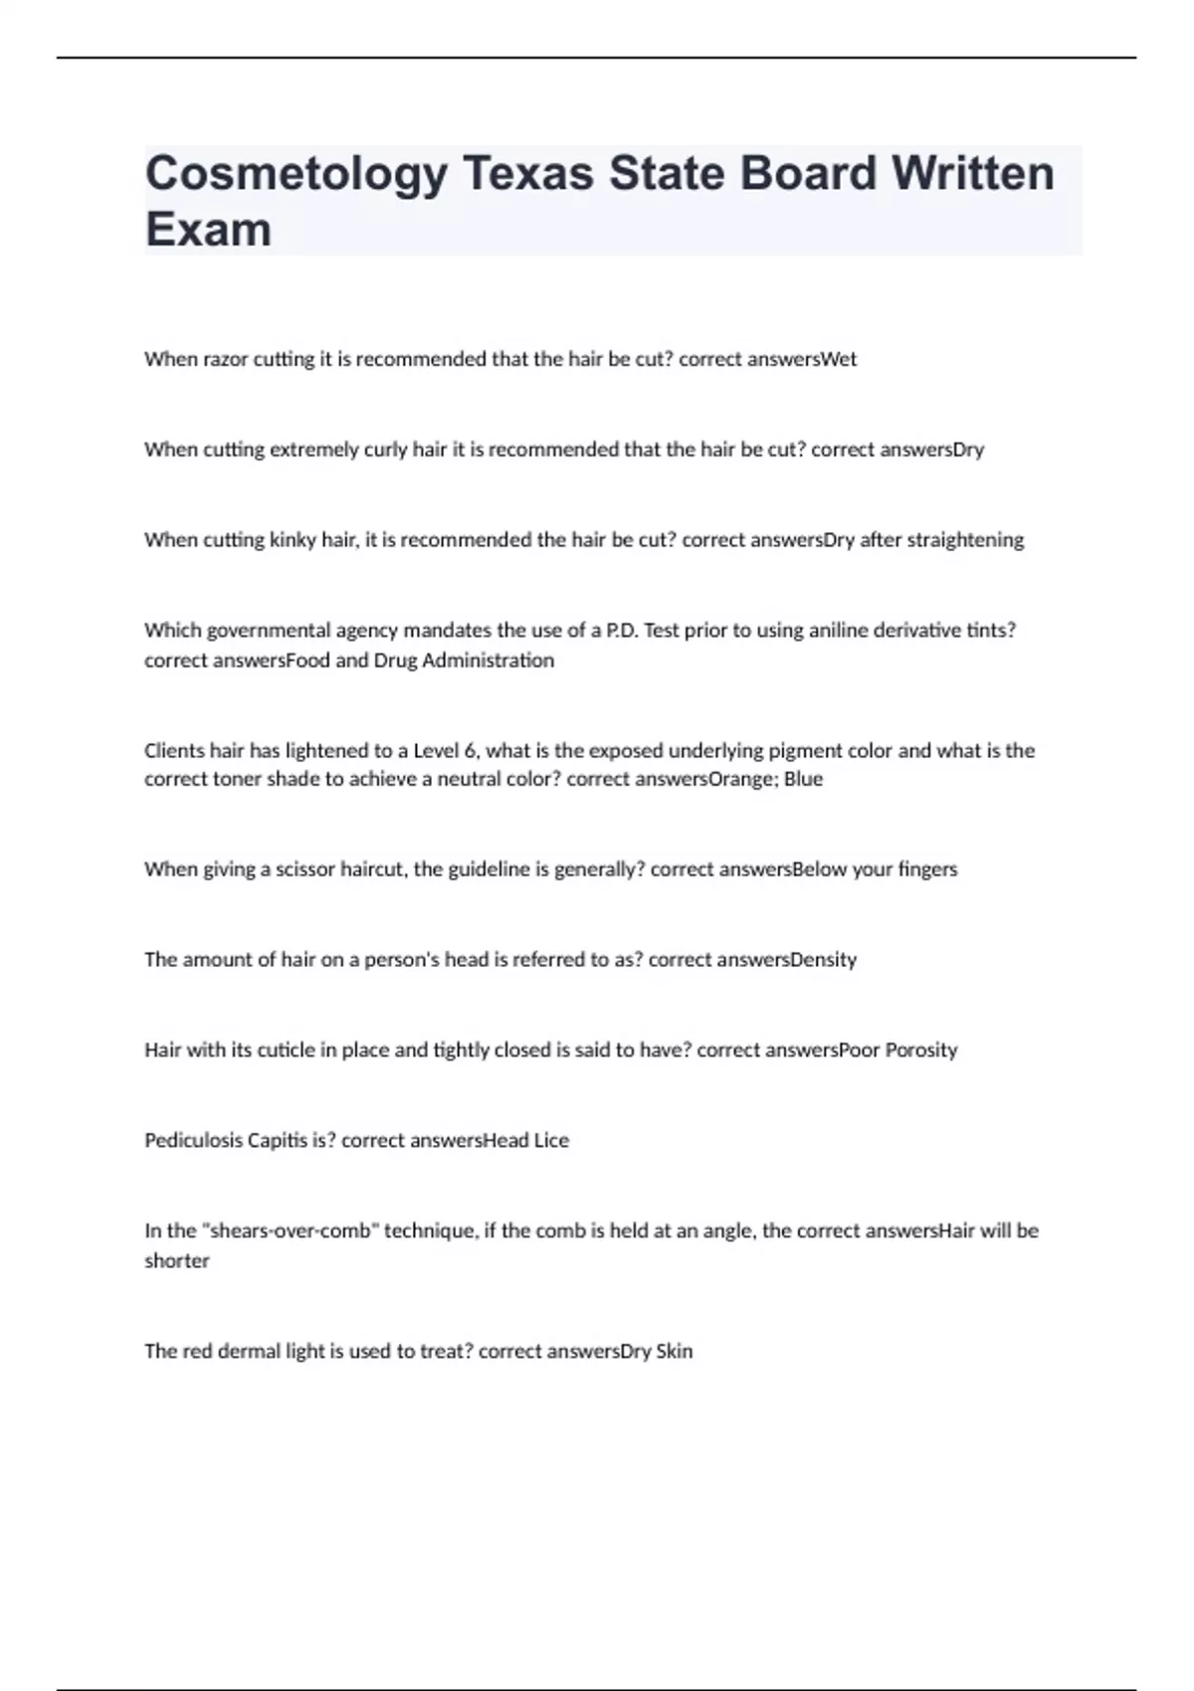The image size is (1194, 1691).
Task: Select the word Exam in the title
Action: click(x=208, y=230)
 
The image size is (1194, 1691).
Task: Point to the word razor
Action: click(x=226, y=359)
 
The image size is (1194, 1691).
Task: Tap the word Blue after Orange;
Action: click(x=803, y=779)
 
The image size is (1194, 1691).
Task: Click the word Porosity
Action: click(x=920, y=1050)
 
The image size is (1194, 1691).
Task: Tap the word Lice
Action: click(x=551, y=1141)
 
